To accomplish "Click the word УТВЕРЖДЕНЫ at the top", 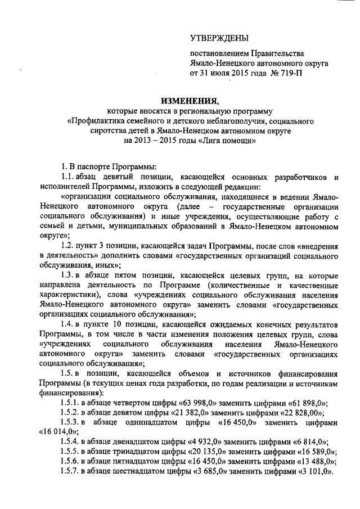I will point(219,38).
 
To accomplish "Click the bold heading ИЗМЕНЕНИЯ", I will point(189,101).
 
